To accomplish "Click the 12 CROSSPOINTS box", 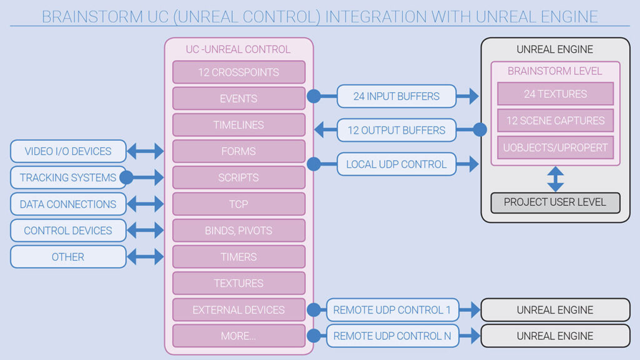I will click(239, 72).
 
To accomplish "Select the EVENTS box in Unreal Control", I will click(239, 99).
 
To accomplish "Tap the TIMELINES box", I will click(239, 125).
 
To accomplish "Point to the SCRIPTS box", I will click(239, 177).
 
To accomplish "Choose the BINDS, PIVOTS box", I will click(239, 231).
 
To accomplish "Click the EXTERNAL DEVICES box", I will click(239, 310).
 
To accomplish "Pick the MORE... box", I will click(239, 336).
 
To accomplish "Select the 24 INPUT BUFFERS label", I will click(396, 96).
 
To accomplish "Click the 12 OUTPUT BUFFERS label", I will click(396, 130).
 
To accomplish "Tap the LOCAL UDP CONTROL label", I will click(396, 164).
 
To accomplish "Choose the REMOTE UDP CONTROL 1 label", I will click(392, 310).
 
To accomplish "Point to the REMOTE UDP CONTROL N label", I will click(392, 336).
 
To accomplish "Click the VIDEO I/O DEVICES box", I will click(68, 151).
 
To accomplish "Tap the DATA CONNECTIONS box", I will click(68, 204).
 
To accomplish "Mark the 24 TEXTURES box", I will click(555, 94).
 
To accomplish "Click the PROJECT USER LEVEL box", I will click(555, 202).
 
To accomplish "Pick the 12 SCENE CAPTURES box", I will click(555, 121).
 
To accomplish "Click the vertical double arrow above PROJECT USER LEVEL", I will click(555, 179).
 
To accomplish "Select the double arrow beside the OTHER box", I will click(145, 257).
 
